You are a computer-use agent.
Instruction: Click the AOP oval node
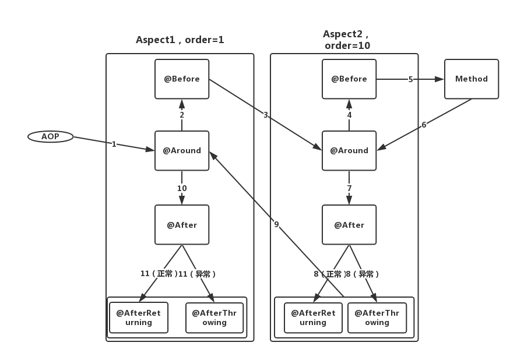[50, 137]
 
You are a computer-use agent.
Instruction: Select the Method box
[472, 79]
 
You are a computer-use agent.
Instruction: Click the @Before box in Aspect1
[182, 79]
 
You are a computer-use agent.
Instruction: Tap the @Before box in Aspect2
[349, 79]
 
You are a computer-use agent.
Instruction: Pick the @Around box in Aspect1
[182, 150]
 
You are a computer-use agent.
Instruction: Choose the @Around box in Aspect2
[349, 150]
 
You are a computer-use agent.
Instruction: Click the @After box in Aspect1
[182, 225]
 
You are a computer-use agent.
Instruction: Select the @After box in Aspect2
[349, 225]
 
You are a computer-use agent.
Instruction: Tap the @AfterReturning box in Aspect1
[139, 317]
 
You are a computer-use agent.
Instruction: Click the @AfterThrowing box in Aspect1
[214, 317]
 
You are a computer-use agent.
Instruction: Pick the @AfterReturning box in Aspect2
[313, 317]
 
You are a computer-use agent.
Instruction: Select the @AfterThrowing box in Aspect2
[377, 317]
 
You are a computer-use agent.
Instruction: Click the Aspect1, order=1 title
[180, 40]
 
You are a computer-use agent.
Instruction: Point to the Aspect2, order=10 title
[347, 40]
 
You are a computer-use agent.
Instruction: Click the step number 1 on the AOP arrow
[114, 144]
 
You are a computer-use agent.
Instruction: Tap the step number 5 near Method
[410, 79]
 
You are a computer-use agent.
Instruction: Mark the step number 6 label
[424, 125]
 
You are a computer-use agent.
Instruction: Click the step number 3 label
[265, 115]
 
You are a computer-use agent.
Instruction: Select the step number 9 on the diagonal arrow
[276, 224]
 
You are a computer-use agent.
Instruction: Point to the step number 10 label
[182, 188]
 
